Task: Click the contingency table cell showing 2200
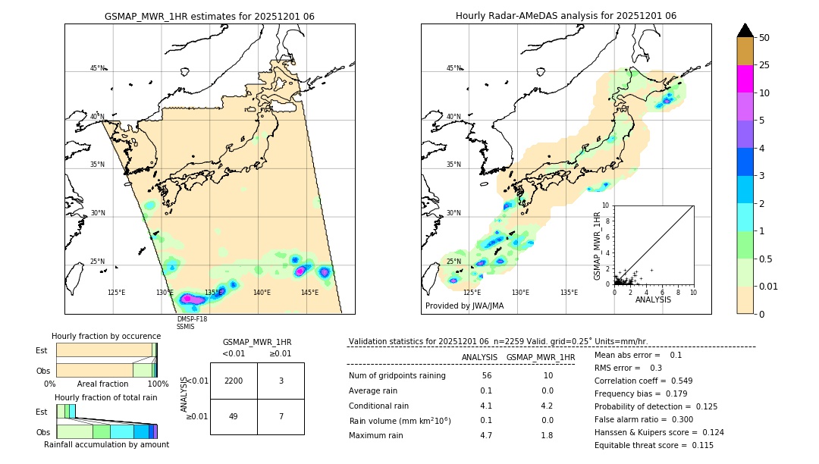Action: click(x=234, y=381)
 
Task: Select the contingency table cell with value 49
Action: click(x=234, y=416)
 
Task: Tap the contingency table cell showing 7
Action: click(x=281, y=416)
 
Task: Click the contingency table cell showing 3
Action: click(x=281, y=381)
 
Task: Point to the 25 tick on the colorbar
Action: click(x=764, y=65)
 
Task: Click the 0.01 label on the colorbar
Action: click(x=769, y=286)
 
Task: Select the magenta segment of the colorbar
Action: click(x=745, y=79)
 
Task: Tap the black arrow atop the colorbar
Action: click(x=745, y=30)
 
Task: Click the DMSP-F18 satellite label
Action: click(x=191, y=319)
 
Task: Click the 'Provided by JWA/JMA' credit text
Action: click(x=464, y=306)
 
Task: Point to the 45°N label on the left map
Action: click(x=98, y=68)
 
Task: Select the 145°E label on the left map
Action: click(x=309, y=293)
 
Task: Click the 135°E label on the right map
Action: click(x=569, y=293)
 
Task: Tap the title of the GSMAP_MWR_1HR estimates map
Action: click(x=209, y=16)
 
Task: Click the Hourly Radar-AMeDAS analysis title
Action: click(x=566, y=16)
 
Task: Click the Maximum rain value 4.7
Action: click(x=486, y=435)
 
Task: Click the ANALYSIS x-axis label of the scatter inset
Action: click(x=653, y=299)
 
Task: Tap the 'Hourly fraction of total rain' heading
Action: click(x=105, y=397)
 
